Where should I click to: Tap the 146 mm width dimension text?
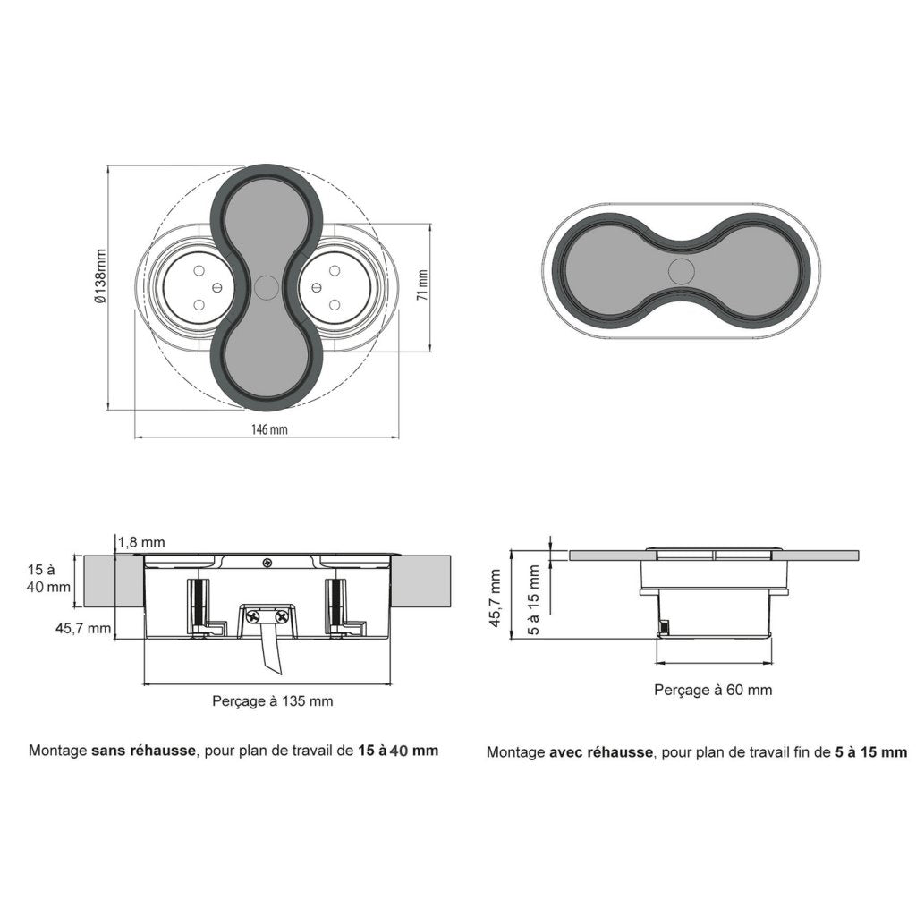(268, 429)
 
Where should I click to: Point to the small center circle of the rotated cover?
(266, 287)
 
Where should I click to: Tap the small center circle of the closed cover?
(681, 271)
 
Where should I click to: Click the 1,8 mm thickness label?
(141, 542)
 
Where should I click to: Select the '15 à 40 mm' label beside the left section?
(48, 579)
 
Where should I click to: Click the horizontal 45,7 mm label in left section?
(83, 629)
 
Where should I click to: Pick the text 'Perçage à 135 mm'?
(272, 701)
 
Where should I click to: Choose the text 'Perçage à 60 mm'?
(713, 690)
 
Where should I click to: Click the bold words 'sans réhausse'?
(143, 751)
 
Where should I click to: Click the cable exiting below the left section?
(272, 657)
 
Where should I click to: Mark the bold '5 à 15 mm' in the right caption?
(870, 752)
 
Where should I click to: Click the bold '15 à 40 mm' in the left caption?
(398, 751)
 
